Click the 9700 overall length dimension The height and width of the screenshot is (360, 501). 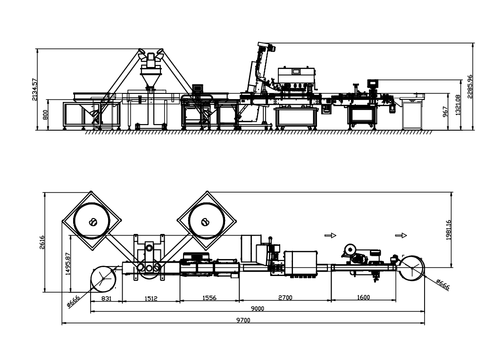[x=243, y=320]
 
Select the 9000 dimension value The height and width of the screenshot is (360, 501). [x=257, y=309]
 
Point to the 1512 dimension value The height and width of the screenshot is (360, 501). [x=151, y=298]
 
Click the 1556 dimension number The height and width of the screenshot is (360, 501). [x=209, y=298]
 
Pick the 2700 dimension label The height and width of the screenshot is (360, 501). [x=284, y=298]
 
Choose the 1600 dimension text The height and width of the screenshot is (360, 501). [x=363, y=298]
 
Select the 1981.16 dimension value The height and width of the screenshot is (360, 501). [x=449, y=230]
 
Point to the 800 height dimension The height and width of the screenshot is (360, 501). [x=45, y=115]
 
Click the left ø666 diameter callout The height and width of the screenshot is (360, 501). [x=73, y=300]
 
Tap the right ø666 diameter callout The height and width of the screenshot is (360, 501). [x=443, y=284]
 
